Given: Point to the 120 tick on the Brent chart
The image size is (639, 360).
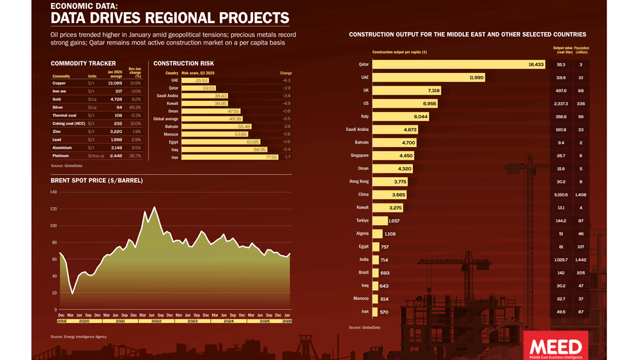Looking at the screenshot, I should [x=54, y=209].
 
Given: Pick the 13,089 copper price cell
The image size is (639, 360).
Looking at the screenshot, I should [x=114, y=83].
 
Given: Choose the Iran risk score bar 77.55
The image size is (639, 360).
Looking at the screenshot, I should [x=230, y=157].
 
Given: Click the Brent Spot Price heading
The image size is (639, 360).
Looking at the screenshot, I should [x=96, y=181].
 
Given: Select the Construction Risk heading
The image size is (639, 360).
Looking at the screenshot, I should [x=183, y=63].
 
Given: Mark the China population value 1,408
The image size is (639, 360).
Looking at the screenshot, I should [x=581, y=194].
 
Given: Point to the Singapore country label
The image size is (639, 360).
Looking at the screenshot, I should [x=360, y=155].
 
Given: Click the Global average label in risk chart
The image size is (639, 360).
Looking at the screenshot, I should [x=166, y=119].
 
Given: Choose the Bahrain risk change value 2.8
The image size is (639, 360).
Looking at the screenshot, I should [x=288, y=127].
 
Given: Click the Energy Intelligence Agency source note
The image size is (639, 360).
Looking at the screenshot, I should [x=79, y=336].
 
